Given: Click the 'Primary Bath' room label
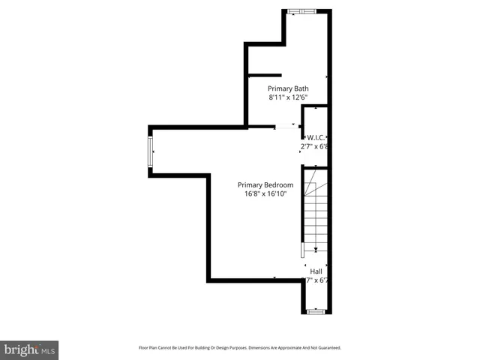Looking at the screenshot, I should [x=288, y=88].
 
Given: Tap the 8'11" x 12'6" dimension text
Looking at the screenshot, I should [x=288, y=97].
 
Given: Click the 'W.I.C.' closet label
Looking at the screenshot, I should [x=314, y=137].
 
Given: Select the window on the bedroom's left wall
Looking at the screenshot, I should [x=151, y=151].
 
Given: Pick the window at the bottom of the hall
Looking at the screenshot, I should [x=316, y=310].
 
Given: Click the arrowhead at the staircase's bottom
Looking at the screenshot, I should [x=316, y=250].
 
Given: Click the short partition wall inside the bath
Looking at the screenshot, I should [x=265, y=75].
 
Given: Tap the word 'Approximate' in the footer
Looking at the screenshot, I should [x=280, y=348].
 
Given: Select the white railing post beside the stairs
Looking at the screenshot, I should [x=303, y=250].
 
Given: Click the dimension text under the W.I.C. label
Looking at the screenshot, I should [x=314, y=147].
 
